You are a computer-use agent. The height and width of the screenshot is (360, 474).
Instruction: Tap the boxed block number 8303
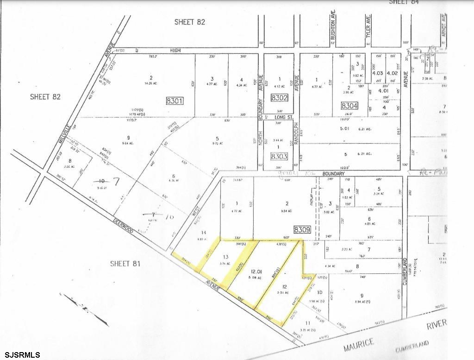point(279,157)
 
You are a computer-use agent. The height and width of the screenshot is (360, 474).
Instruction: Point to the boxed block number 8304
point(350,106)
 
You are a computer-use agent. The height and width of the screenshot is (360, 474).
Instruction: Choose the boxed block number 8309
point(304,229)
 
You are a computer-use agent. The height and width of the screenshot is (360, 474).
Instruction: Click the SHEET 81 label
point(125,264)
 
